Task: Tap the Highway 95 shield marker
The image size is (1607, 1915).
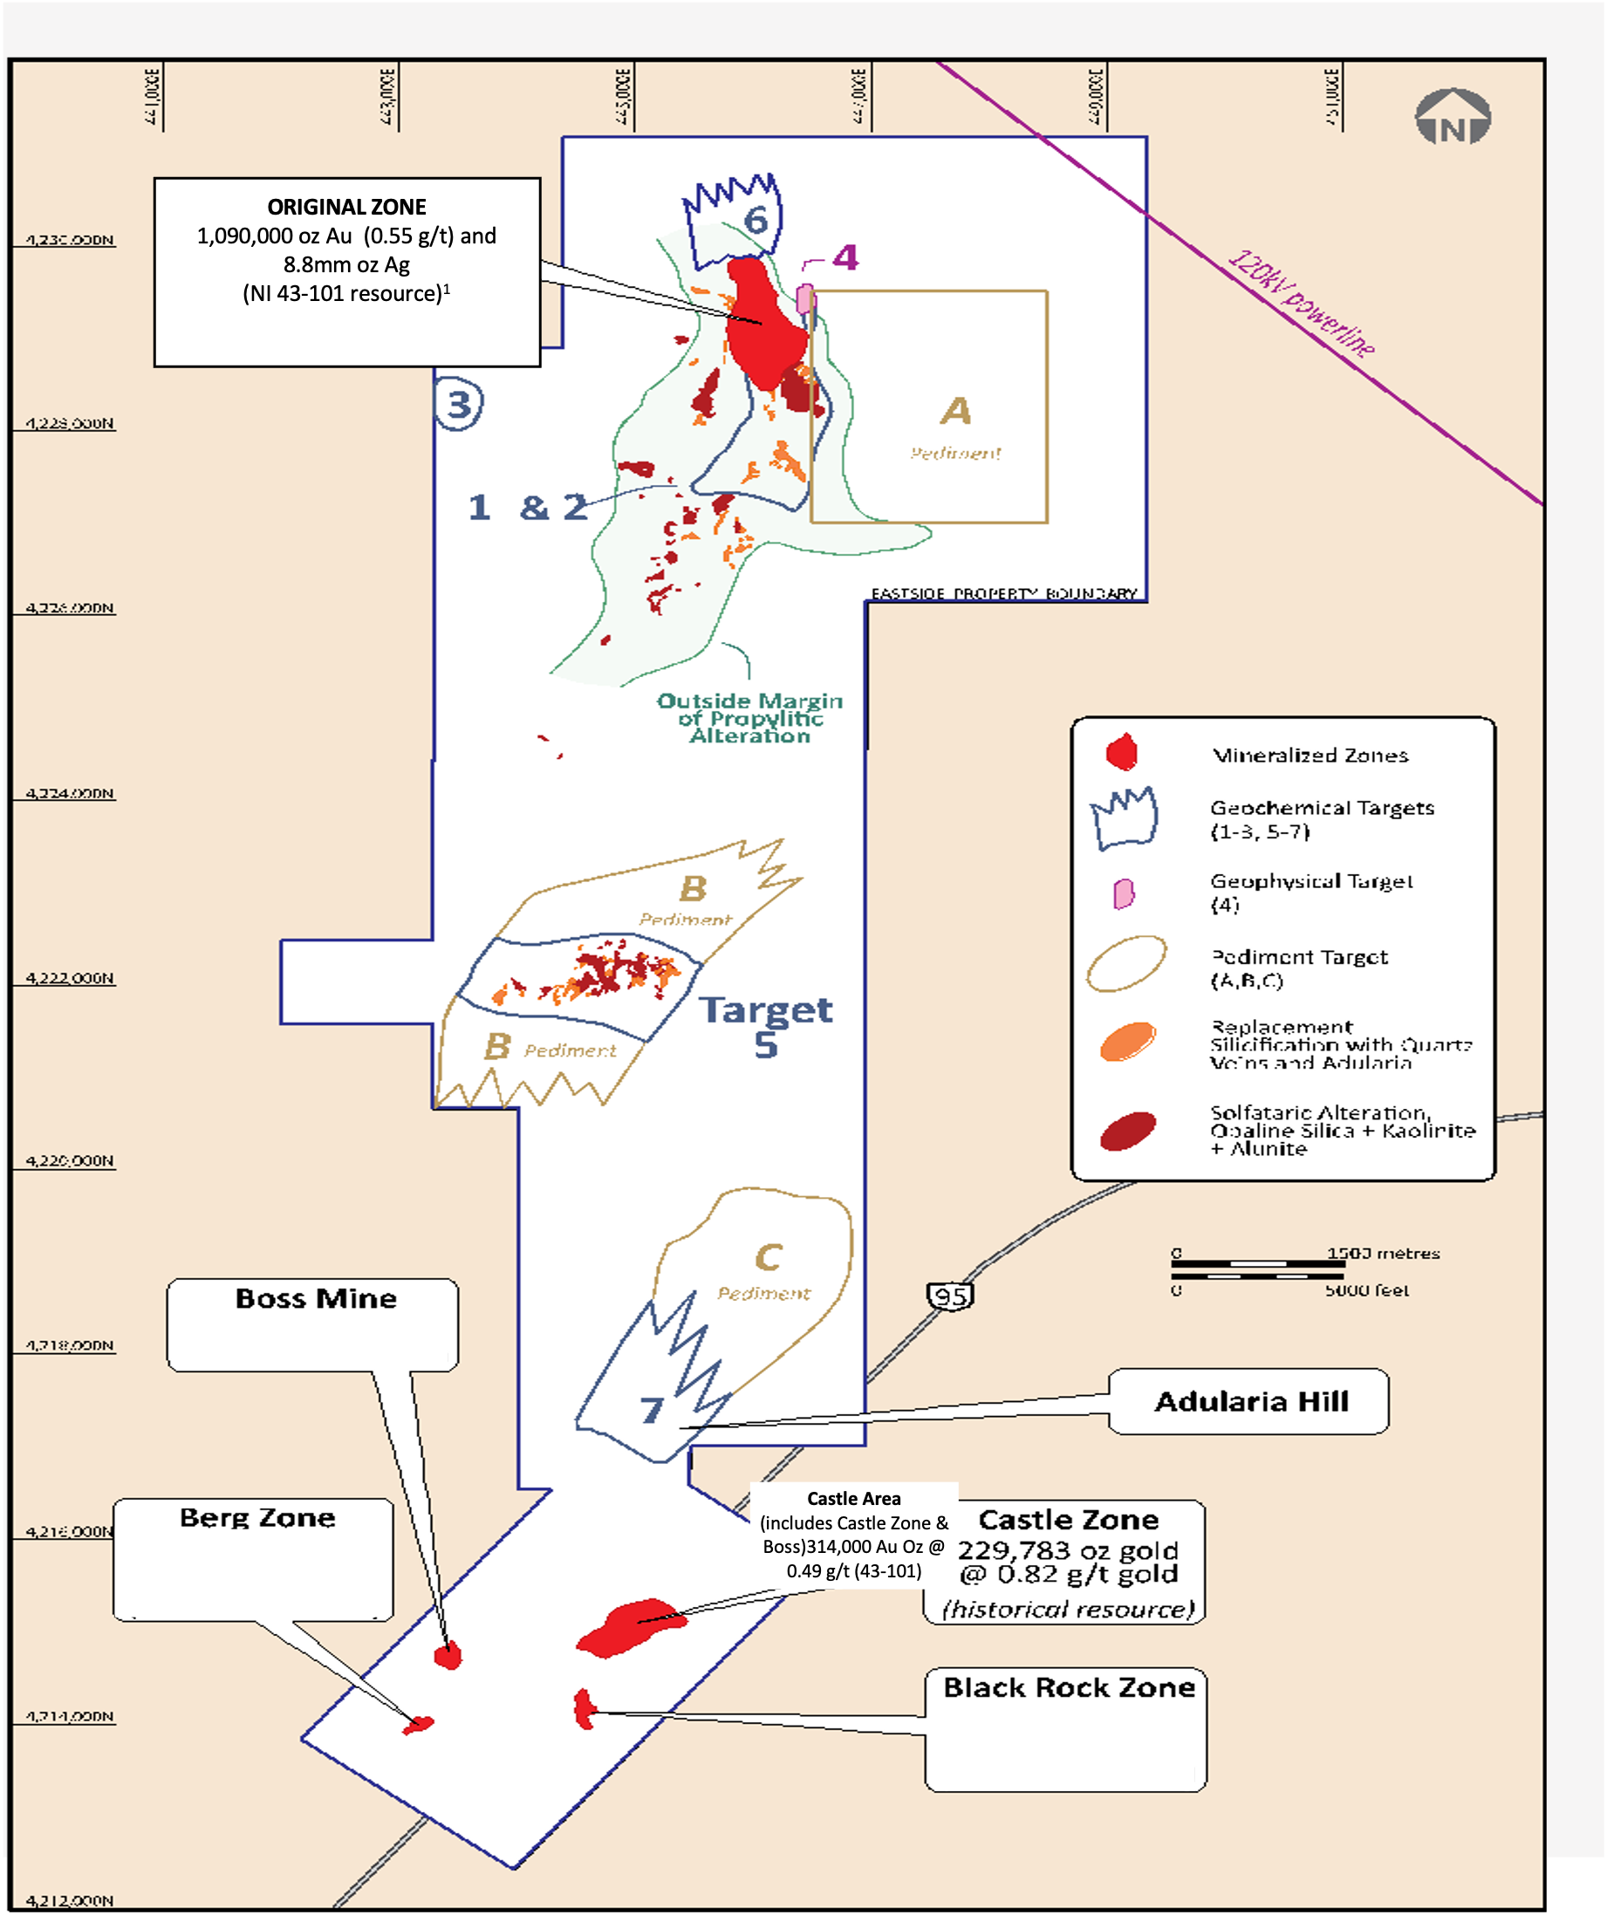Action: click(x=950, y=1296)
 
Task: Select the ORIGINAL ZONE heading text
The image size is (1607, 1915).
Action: click(x=346, y=207)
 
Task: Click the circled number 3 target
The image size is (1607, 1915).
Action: click(x=459, y=404)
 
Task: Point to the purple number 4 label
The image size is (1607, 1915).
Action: click(x=845, y=257)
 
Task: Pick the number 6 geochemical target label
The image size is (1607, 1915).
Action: click(x=756, y=220)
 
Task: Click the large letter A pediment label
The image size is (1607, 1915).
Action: click(x=956, y=411)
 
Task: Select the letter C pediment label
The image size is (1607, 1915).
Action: click(x=768, y=1257)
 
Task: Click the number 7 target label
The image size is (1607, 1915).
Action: click(x=651, y=1411)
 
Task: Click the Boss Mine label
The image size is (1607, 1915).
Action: click(x=316, y=1298)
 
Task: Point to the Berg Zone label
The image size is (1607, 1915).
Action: click(x=257, y=1517)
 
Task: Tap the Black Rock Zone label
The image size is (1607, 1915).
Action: click(x=1068, y=1688)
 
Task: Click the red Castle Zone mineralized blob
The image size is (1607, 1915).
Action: click(x=629, y=1628)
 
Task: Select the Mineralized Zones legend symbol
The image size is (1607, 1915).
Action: click(x=1121, y=752)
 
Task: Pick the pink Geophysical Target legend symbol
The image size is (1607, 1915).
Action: click(x=1124, y=893)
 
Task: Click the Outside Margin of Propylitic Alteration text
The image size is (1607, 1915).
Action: click(x=749, y=719)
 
